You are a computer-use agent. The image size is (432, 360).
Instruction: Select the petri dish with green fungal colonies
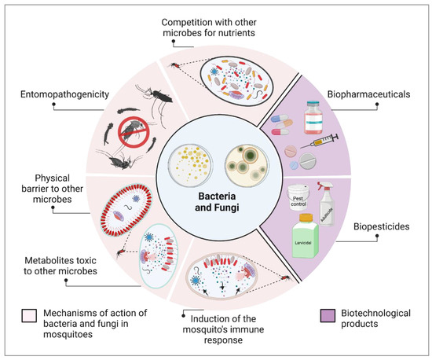pyautogui.click(x=244, y=152)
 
